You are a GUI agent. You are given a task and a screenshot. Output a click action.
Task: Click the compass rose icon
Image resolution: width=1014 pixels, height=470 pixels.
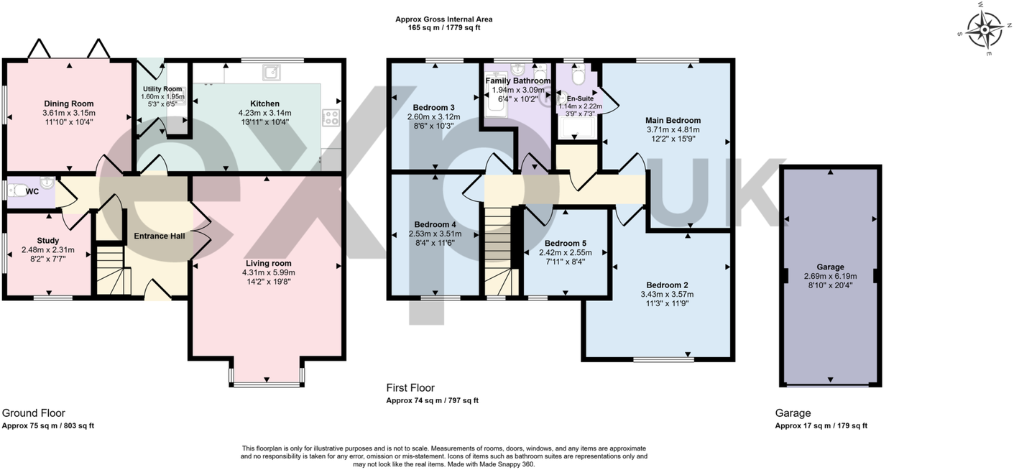tap(984, 30)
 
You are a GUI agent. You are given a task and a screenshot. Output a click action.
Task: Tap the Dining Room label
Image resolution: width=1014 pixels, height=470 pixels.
tap(69, 103)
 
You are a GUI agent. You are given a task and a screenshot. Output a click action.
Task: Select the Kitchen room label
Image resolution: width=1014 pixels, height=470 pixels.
tap(264, 103)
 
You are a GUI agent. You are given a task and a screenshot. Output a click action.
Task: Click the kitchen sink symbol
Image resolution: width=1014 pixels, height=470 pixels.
tap(272, 73)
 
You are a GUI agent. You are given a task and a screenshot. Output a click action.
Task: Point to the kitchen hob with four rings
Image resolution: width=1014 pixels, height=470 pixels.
tap(331, 118)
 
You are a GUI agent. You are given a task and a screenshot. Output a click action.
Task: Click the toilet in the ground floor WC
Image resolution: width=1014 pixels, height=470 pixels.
tap(17, 190)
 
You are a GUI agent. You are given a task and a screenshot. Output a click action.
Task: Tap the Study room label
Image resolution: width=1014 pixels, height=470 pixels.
tap(48, 241)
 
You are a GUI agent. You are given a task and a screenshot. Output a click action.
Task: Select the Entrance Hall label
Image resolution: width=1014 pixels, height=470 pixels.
tap(160, 236)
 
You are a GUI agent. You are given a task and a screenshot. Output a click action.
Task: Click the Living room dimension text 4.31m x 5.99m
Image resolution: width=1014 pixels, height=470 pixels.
tap(269, 272)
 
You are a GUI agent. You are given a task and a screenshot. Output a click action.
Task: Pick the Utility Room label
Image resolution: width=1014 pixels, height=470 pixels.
tap(162, 89)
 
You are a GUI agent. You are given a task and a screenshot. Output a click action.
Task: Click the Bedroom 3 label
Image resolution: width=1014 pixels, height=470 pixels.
tap(433, 107)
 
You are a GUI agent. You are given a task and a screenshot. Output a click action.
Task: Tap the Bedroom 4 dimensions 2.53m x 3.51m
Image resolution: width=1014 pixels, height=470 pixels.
tap(435, 234)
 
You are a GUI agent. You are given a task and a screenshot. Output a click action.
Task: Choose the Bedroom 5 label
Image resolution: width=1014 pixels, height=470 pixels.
tap(566, 243)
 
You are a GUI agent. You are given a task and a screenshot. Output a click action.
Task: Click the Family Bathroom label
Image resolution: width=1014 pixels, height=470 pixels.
tap(518, 80)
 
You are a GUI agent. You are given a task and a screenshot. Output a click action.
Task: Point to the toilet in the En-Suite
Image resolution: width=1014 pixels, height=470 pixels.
tap(578, 74)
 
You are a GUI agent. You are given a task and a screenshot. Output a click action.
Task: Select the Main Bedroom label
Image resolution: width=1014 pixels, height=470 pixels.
tap(673, 121)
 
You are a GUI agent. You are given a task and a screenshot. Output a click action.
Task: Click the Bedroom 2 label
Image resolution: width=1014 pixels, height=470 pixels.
tap(667, 285)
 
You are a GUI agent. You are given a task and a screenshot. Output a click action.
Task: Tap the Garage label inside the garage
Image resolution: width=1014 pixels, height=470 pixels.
tap(830, 267)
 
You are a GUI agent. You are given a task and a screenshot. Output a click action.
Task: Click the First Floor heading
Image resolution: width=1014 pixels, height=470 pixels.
tap(410, 388)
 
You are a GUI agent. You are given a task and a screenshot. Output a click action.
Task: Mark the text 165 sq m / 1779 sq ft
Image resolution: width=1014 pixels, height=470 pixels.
tap(444, 27)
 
